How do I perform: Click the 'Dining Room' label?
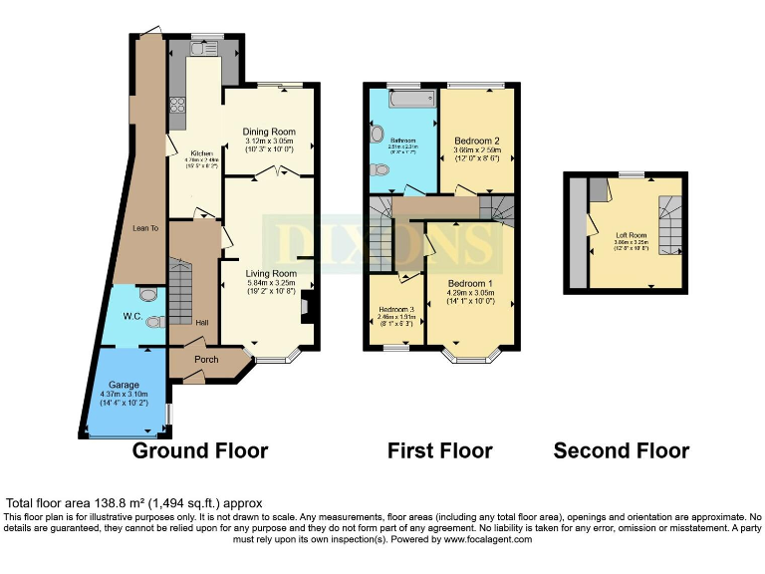pos(270,132)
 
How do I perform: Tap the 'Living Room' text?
pos(271,273)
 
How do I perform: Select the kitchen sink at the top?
pos(203,48)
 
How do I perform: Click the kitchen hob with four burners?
pos(180,104)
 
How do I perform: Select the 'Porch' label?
pos(206,360)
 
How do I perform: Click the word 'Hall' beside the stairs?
pos(202,323)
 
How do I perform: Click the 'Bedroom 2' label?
pos(476,141)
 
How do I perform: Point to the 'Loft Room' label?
pos(633,235)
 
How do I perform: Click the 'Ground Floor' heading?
pos(200,450)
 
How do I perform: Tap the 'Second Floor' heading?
pos(621,450)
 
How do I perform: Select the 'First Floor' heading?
pos(439,450)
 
